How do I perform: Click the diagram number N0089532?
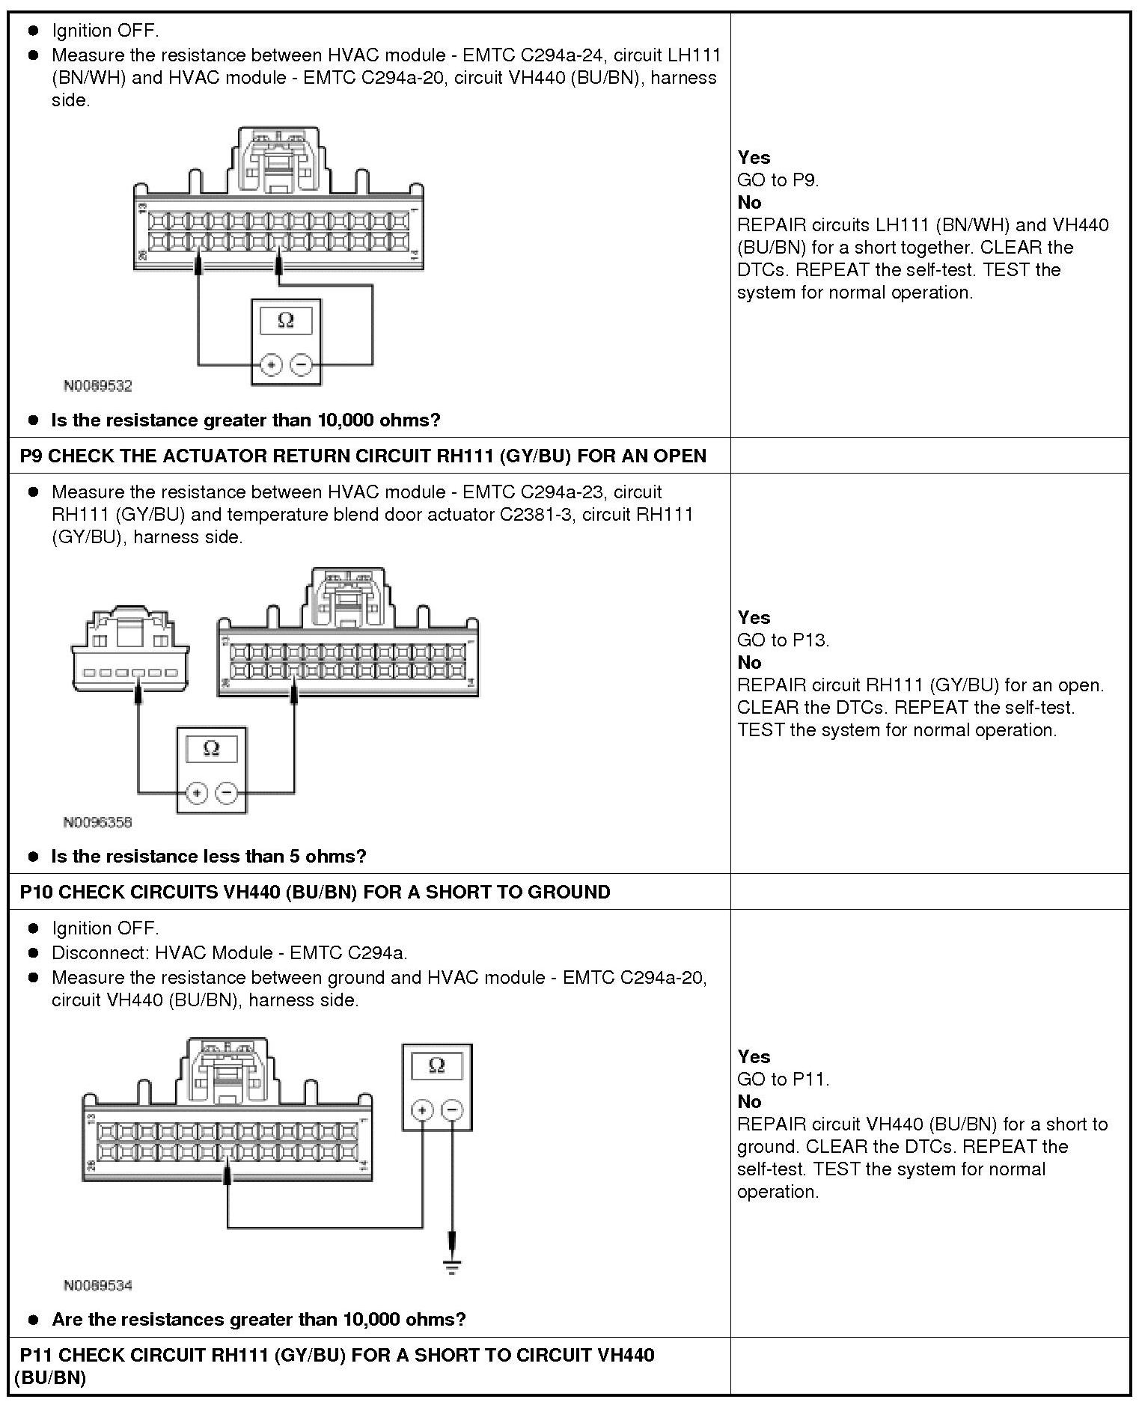point(97,386)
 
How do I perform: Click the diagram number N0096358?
point(97,822)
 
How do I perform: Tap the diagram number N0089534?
point(97,1285)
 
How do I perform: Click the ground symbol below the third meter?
point(452,1266)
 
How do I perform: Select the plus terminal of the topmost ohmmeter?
point(270,365)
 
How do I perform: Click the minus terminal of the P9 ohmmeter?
point(227,792)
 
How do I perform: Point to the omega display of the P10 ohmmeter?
point(437,1066)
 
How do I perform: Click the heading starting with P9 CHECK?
point(363,456)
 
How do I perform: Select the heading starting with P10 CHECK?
point(315,892)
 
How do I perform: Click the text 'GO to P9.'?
point(778,180)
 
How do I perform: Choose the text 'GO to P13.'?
point(783,640)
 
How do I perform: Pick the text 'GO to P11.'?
point(783,1079)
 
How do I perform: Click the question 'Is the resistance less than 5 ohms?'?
point(208,856)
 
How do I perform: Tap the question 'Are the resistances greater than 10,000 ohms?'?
point(258,1319)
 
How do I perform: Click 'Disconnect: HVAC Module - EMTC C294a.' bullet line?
point(229,952)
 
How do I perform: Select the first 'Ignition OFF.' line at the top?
point(105,31)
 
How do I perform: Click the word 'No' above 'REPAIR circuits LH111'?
point(749,202)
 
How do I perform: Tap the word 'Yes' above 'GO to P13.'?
point(753,617)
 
